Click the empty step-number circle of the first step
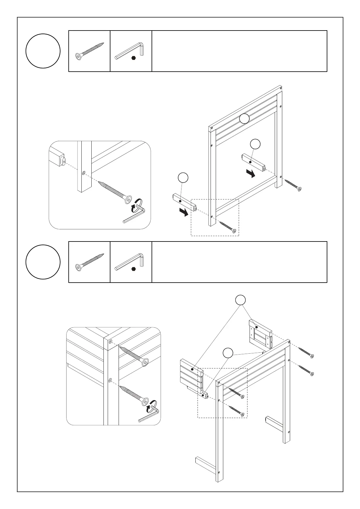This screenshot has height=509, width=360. click(x=43, y=51)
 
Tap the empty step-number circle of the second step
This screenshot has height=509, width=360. click(x=43, y=262)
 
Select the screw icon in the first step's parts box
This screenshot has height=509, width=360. click(x=89, y=50)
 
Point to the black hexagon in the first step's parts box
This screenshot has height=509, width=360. click(x=133, y=58)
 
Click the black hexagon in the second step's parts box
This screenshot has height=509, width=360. click(x=133, y=269)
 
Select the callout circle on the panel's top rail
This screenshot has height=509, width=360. click(x=244, y=119)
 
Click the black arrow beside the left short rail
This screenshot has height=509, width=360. click(x=183, y=212)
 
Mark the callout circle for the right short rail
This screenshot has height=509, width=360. click(x=256, y=144)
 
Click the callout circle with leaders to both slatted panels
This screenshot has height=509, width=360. click(x=241, y=300)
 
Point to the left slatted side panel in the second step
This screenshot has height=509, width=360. click(x=191, y=374)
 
